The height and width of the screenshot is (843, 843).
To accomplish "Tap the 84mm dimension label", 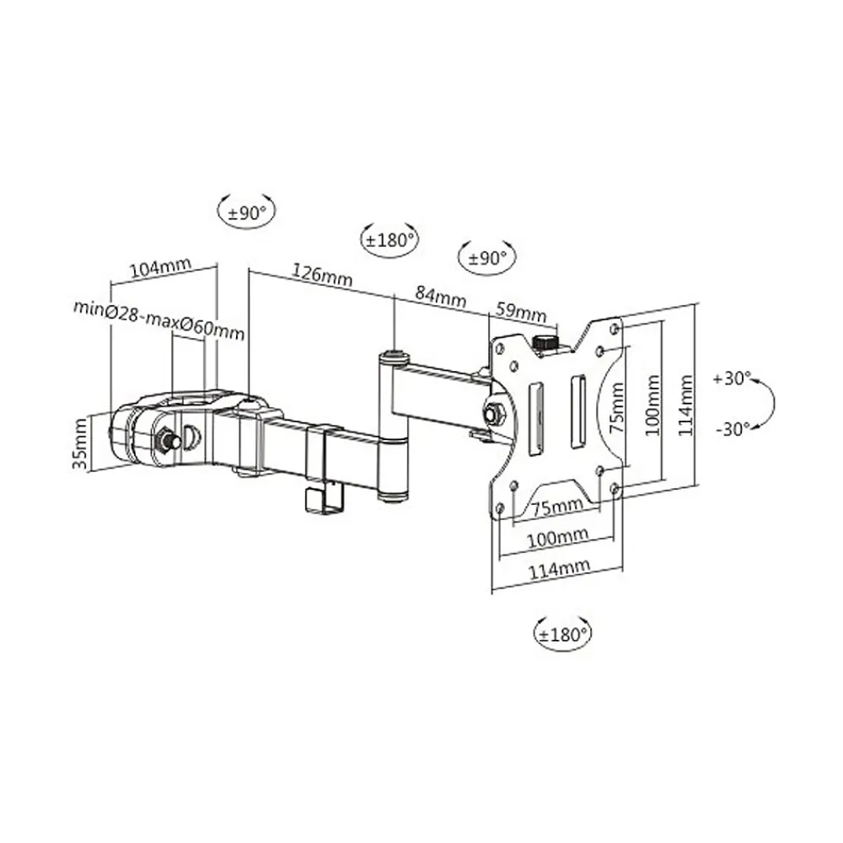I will point(439,298).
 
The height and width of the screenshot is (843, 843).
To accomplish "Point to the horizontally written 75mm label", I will point(557,506).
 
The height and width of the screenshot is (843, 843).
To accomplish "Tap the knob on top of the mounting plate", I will point(545,342).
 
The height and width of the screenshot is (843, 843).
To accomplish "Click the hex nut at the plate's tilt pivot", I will point(493,413).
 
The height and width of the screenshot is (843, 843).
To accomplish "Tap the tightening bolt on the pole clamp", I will point(165,439).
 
